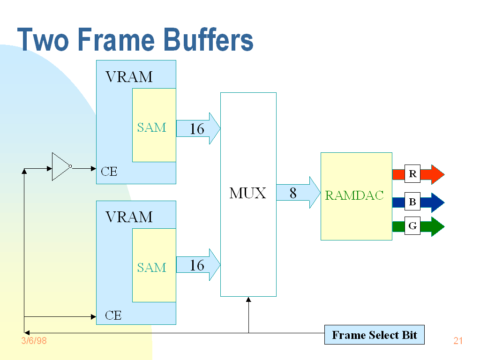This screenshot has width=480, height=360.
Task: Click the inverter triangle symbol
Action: click(x=60, y=166)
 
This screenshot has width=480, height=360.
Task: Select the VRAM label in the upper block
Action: click(x=129, y=76)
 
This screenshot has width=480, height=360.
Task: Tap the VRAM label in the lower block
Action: click(x=129, y=217)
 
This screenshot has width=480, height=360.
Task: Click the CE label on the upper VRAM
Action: click(x=109, y=172)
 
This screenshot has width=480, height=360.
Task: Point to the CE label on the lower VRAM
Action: click(x=113, y=315)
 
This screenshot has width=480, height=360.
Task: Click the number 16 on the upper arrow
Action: click(x=197, y=129)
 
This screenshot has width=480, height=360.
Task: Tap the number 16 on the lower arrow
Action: click(x=197, y=265)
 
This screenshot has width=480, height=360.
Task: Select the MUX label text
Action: click(x=247, y=193)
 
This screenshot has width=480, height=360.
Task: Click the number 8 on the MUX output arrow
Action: click(x=293, y=193)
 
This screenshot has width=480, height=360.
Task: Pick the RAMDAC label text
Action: click(x=354, y=195)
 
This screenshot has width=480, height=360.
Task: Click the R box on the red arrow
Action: click(x=412, y=174)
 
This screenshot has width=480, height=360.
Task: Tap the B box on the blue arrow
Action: click(x=412, y=202)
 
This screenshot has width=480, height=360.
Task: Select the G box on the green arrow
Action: click(x=412, y=226)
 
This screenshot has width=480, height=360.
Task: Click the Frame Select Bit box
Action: click(x=374, y=335)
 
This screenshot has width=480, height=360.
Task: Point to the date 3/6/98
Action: click(x=34, y=341)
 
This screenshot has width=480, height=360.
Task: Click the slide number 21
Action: click(x=458, y=341)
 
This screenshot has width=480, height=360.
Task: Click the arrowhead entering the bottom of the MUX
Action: click(x=248, y=300)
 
